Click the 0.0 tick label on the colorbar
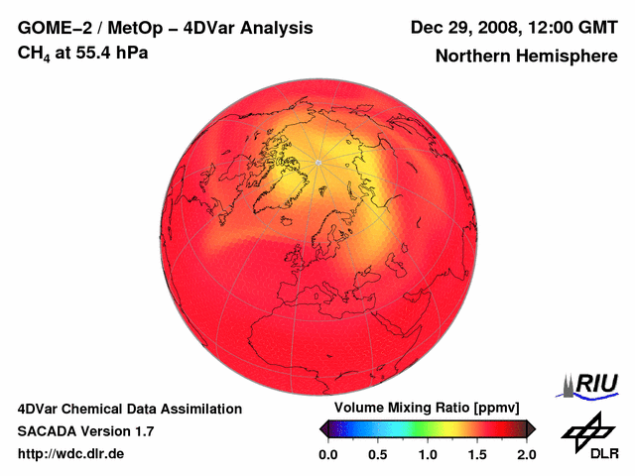pos(328,454)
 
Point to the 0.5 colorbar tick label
pos(378,454)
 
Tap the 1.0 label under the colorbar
pos(428,454)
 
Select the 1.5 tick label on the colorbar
pos(477,454)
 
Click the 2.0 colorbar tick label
pos(526,454)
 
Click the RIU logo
pos(590,384)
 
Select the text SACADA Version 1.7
pos(85,431)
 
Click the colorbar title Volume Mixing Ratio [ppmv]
pos(428,408)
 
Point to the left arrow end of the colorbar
pos(323,428)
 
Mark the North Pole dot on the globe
pos(317,162)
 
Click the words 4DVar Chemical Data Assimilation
pos(130,409)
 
